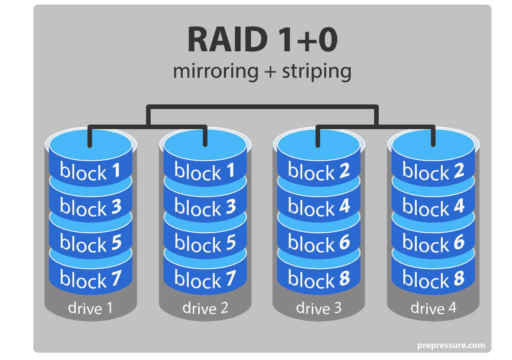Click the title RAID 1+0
point(262,40)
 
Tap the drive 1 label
point(90,308)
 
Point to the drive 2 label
point(205,308)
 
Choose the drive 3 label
point(319,308)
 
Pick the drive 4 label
point(433,308)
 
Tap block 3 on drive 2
point(205,208)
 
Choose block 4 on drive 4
point(433,208)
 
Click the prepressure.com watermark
point(451,345)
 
